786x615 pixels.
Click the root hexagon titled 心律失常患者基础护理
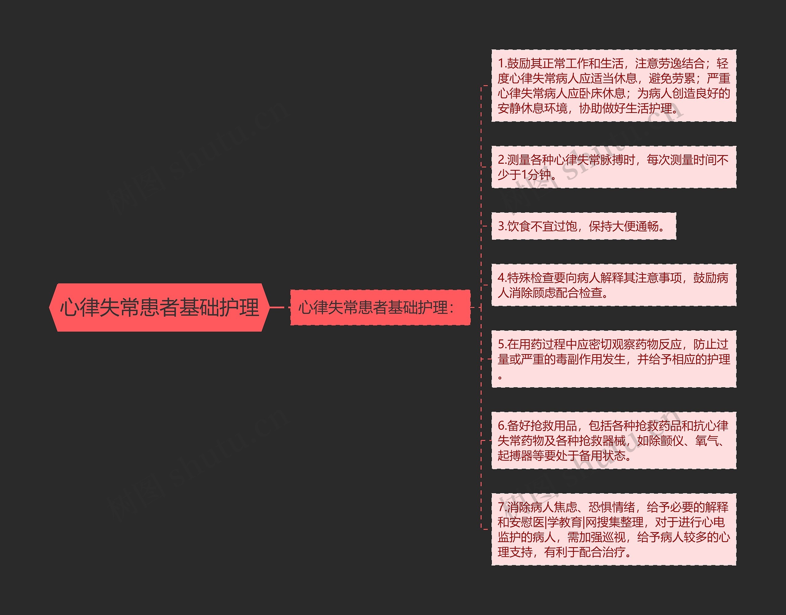pos(159,308)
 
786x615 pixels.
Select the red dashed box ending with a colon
pos(380,308)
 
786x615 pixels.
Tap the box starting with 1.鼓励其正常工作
pos(613,86)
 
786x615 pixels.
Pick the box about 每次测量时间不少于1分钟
pos(613,167)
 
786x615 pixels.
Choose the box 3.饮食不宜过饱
pos(583,226)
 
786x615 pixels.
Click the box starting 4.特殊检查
pos(613,285)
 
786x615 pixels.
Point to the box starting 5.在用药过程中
pos(613,359)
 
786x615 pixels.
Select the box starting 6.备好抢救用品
pos(613,440)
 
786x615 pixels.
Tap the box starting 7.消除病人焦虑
pos(613,529)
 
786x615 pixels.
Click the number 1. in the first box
pos(502,64)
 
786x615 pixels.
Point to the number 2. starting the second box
pos(502,160)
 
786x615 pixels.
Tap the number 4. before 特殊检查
pos(502,278)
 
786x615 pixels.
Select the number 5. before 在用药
pos(502,344)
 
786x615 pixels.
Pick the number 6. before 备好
pos(502,426)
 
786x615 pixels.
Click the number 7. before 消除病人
pos(502,507)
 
